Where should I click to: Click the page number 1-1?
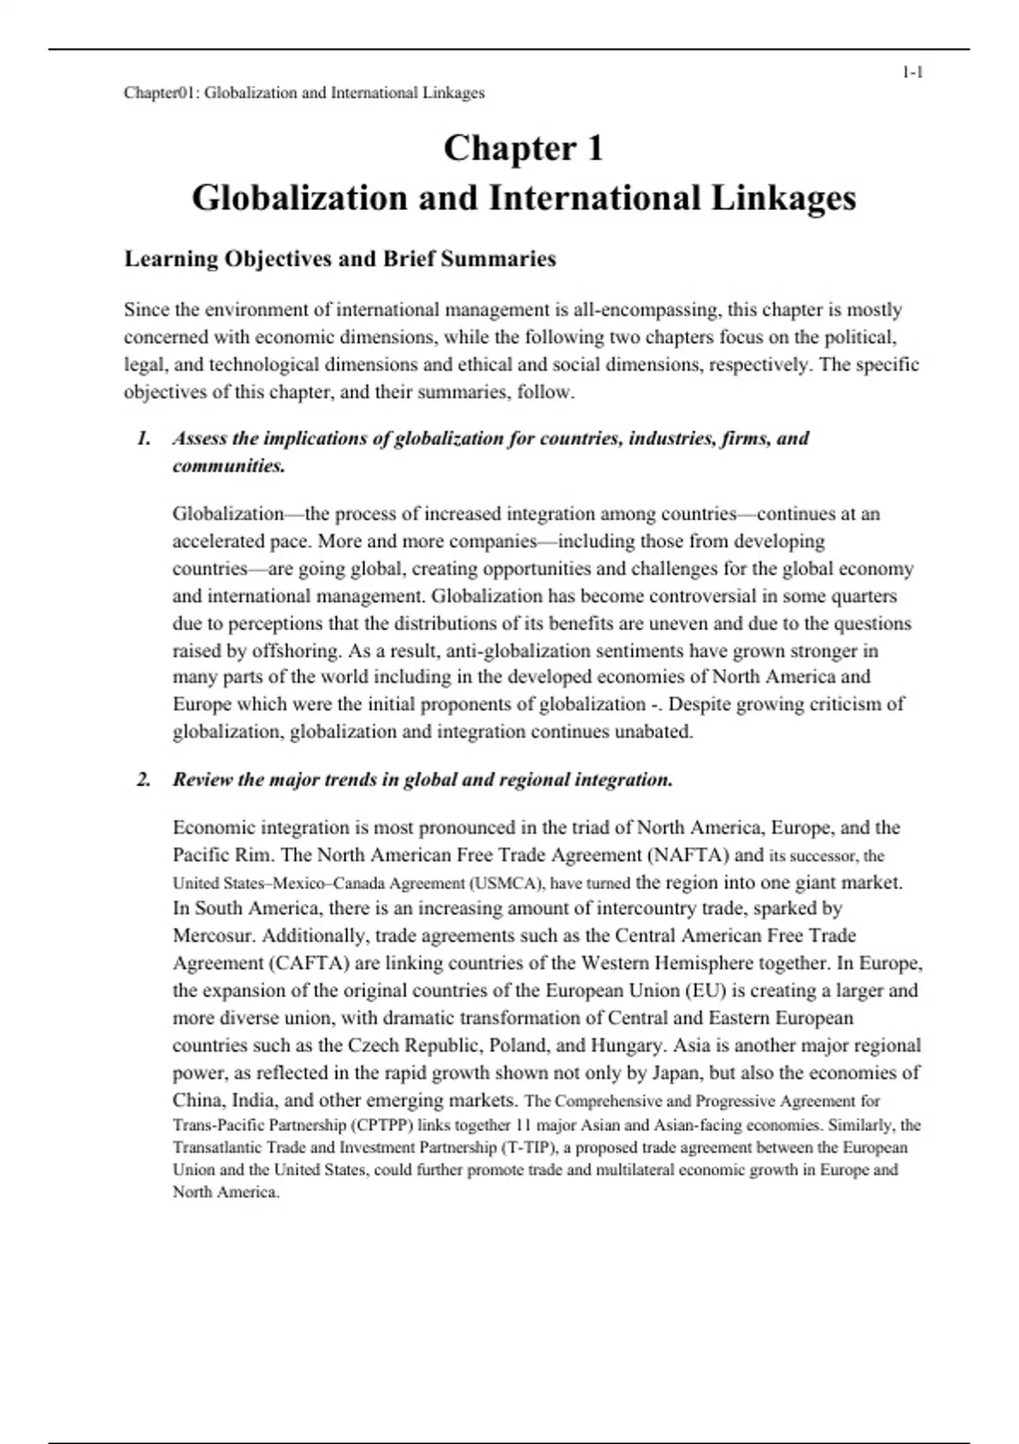tap(912, 73)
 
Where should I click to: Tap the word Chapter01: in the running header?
tap(161, 93)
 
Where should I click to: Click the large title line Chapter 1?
tap(523, 149)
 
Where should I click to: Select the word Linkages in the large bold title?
tap(783, 199)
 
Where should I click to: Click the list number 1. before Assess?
tap(144, 438)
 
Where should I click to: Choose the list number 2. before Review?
tap(144, 780)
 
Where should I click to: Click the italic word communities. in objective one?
tap(228, 465)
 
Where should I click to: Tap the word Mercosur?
tap(215, 936)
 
